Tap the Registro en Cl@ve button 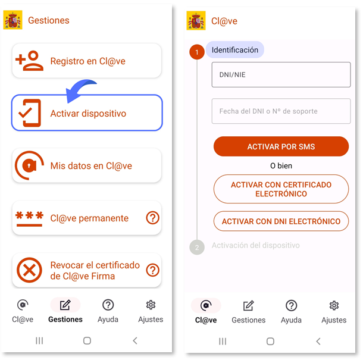[87, 61]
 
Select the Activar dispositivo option [87, 113]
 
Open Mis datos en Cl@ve [87, 165]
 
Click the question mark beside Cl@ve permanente [152, 218]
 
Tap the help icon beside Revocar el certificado [152, 270]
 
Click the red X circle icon [29, 270]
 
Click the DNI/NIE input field [281, 74]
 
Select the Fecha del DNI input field [281, 111]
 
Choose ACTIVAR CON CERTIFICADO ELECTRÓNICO [281, 189]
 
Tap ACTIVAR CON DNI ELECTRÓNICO [281, 221]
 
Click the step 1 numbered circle [197, 52]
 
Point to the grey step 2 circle [197, 248]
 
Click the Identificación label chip [234, 50]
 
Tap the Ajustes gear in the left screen [151, 305]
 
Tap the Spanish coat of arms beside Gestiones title [12, 20]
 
